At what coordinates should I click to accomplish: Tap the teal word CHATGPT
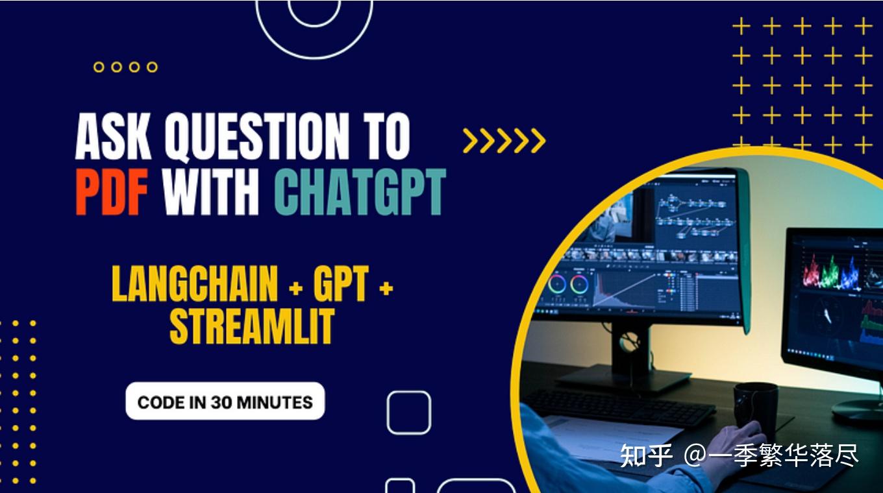point(360,192)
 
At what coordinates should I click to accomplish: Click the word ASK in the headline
point(115,137)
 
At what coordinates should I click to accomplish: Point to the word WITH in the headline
point(212,192)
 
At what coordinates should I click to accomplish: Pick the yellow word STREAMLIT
point(252,326)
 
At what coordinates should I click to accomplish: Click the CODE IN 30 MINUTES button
point(225,402)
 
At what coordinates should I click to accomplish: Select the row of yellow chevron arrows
point(504,140)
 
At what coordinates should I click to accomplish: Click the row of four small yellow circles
point(125,67)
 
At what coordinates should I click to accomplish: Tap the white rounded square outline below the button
point(408,413)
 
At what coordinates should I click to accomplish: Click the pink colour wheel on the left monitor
point(556,284)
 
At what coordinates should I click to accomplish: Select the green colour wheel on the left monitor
point(579,284)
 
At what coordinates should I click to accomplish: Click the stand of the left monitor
point(628,354)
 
